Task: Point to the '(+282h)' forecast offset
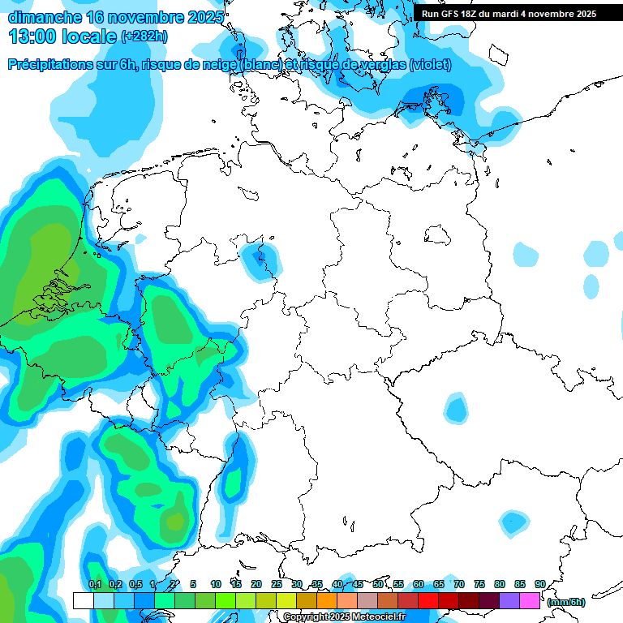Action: (145, 36)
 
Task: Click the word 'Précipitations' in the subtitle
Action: (49, 65)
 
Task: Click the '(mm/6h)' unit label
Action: (565, 602)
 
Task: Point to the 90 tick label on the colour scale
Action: (539, 584)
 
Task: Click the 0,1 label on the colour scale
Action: (95, 584)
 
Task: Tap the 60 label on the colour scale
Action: (419, 584)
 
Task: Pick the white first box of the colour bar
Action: (83, 600)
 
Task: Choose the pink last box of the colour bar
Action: (530, 600)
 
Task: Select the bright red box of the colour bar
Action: (428, 600)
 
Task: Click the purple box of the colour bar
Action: (509, 600)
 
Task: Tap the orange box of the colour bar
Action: (327, 600)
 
